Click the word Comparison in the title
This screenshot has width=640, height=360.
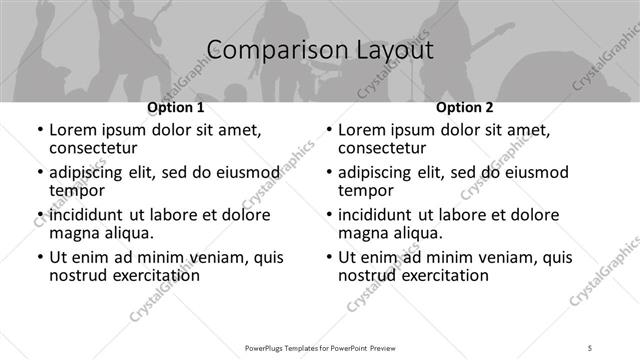click(x=266, y=50)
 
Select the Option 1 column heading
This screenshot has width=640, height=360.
click(x=176, y=107)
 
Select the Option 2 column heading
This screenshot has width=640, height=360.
click(x=464, y=107)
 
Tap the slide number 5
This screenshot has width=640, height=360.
click(x=590, y=347)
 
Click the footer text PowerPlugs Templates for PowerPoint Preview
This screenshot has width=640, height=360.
click(x=320, y=347)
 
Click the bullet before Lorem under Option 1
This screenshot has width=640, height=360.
click(x=39, y=131)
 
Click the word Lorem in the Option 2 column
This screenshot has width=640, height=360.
click(x=362, y=129)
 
